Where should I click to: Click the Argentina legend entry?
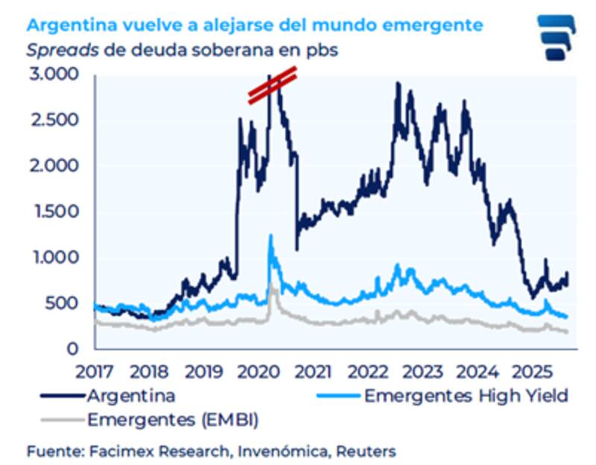[x=131, y=395]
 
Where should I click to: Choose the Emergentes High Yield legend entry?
[x=466, y=396]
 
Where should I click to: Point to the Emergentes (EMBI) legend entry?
[x=172, y=420]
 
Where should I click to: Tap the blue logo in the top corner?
[x=557, y=37]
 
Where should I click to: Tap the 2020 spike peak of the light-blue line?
[x=270, y=237]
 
